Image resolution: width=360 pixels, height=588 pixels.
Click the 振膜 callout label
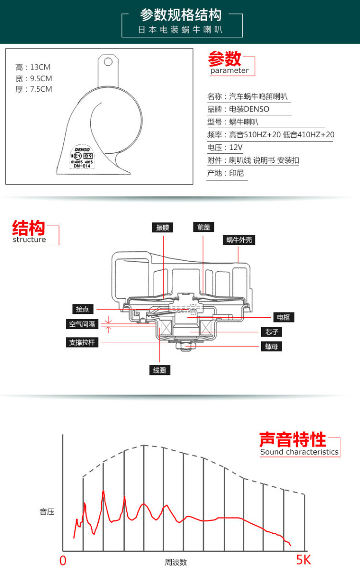163,228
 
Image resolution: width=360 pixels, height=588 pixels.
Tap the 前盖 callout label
204,227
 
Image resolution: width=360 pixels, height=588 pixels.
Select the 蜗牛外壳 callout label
239,240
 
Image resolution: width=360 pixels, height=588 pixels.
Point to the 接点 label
82,309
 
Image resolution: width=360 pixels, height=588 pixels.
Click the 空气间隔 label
82,324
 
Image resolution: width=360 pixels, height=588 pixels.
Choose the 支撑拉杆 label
82,343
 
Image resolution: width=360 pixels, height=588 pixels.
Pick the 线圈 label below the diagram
160,370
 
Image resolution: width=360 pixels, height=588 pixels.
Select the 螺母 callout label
272,346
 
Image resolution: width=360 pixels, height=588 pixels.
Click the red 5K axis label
303,560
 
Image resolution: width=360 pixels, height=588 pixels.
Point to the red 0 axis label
63,561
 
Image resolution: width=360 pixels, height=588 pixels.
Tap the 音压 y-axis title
47,512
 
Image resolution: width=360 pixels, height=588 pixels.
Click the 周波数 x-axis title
176,562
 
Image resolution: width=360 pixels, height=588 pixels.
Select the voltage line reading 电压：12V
225,147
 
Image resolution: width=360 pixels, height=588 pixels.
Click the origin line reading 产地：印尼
226,173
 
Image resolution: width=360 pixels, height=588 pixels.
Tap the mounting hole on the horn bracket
108,61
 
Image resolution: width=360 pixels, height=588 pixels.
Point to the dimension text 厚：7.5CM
34,89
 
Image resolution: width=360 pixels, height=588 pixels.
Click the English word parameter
229,71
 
